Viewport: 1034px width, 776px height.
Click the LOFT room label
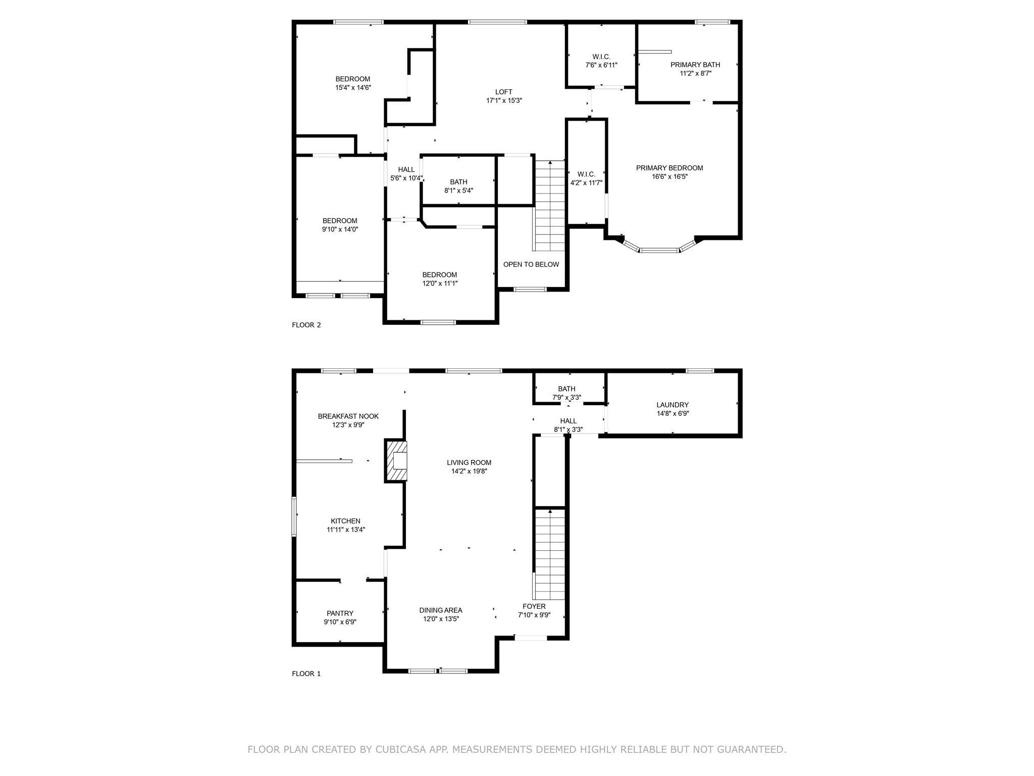(503, 92)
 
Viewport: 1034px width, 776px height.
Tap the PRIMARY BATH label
(695, 65)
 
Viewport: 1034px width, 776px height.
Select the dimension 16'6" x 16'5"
(669, 177)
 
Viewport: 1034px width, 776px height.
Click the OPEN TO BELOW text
(531, 264)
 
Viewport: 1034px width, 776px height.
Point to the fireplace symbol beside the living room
(396, 461)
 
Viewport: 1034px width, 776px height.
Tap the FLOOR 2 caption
(306, 325)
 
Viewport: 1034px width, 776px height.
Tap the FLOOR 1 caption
(306, 673)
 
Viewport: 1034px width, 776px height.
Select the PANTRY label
(340, 613)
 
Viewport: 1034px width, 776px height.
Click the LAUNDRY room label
(672, 405)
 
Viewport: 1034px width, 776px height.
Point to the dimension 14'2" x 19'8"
(469, 471)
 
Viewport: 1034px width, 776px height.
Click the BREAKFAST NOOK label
(348, 416)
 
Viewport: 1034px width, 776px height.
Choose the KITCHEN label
(345, 521)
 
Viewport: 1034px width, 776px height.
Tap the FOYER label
(534, 606)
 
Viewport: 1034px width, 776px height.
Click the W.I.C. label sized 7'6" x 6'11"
(601, 57)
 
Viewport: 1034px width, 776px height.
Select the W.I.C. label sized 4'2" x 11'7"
(586, 174)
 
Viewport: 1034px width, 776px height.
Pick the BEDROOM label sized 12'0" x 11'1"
(439, 275)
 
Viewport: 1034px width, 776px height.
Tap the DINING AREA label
(440, 610)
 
